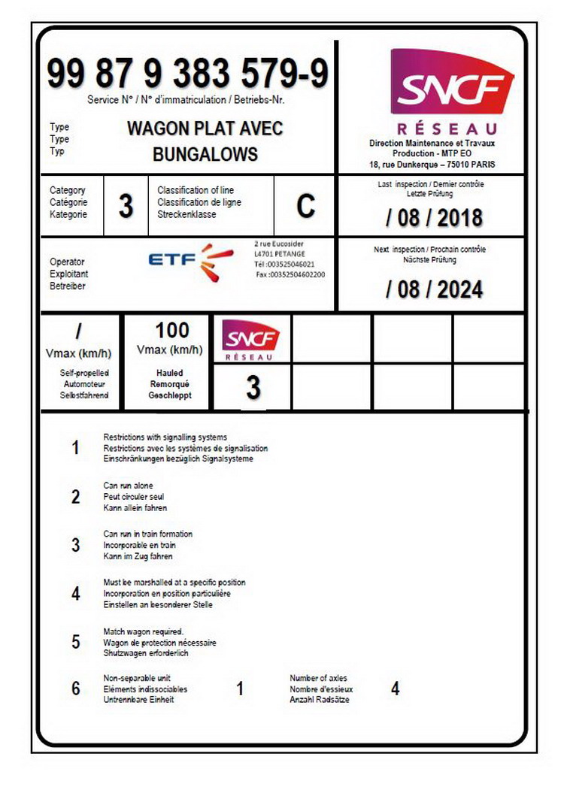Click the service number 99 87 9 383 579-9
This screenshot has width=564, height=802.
coord(187,74)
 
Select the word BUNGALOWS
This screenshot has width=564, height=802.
coord(205,155)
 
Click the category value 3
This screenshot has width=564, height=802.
coord(126,206)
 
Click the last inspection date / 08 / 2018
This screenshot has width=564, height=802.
coord(434,218)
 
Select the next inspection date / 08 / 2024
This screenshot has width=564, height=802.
coord(434,289)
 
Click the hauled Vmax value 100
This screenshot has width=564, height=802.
coord(172,330)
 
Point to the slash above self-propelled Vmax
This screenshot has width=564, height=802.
coord(79,331)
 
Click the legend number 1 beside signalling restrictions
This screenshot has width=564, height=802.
coord(75,448)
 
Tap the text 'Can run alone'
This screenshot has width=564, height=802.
coord(128,486)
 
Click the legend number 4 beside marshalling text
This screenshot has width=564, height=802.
coord(75,594)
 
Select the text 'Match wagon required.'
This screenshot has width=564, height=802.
coord(143,631)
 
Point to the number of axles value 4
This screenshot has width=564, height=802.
coord(396,689)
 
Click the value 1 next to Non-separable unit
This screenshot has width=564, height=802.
coord(240,689)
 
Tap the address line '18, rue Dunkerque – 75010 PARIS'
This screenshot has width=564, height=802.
coord(432,165)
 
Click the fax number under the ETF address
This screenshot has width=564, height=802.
coord(290,274)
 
